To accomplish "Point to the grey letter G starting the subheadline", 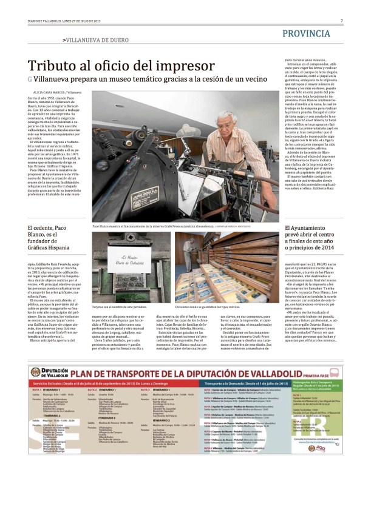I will coord(30,79).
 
